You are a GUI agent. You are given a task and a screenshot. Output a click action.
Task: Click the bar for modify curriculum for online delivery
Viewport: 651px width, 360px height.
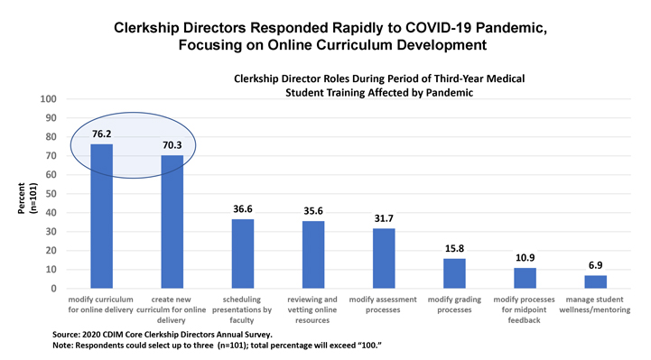tap(101, 217)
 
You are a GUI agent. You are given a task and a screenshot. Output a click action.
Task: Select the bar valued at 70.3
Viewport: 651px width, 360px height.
tap(172, 222)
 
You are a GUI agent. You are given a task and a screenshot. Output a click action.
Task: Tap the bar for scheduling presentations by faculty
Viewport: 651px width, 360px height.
tap(243, 254)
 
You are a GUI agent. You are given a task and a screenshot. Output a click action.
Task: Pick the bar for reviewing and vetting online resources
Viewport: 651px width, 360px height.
tap(313, 254)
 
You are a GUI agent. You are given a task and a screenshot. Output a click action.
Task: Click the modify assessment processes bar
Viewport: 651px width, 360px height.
tap(385, 258)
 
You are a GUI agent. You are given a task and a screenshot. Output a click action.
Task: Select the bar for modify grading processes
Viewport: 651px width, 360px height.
tap(455, 273)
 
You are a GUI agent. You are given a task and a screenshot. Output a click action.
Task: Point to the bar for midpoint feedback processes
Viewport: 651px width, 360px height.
tap(525, 278)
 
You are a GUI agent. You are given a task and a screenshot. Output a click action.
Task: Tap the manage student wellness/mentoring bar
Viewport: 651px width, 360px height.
tap(596, 282)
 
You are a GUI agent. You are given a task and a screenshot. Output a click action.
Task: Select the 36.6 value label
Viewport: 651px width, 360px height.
tap(243, 210)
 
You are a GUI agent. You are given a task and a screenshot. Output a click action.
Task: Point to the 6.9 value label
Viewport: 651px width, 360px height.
tap(596, 267)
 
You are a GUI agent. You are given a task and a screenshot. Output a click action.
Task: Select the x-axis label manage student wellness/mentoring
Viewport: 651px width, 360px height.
tap(596, 304)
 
